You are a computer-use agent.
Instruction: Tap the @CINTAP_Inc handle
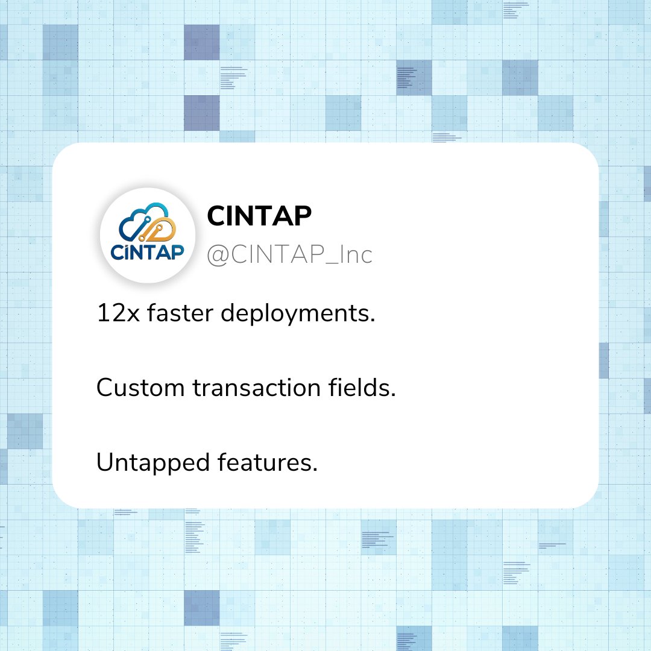[x=289, y=255]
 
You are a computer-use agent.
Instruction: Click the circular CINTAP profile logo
[x=148, y=235]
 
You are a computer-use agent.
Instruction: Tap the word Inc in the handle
[x=356, y=255]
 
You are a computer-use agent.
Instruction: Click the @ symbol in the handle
[x=217, y=256]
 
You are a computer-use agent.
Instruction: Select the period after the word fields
[x=393, y=394]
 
